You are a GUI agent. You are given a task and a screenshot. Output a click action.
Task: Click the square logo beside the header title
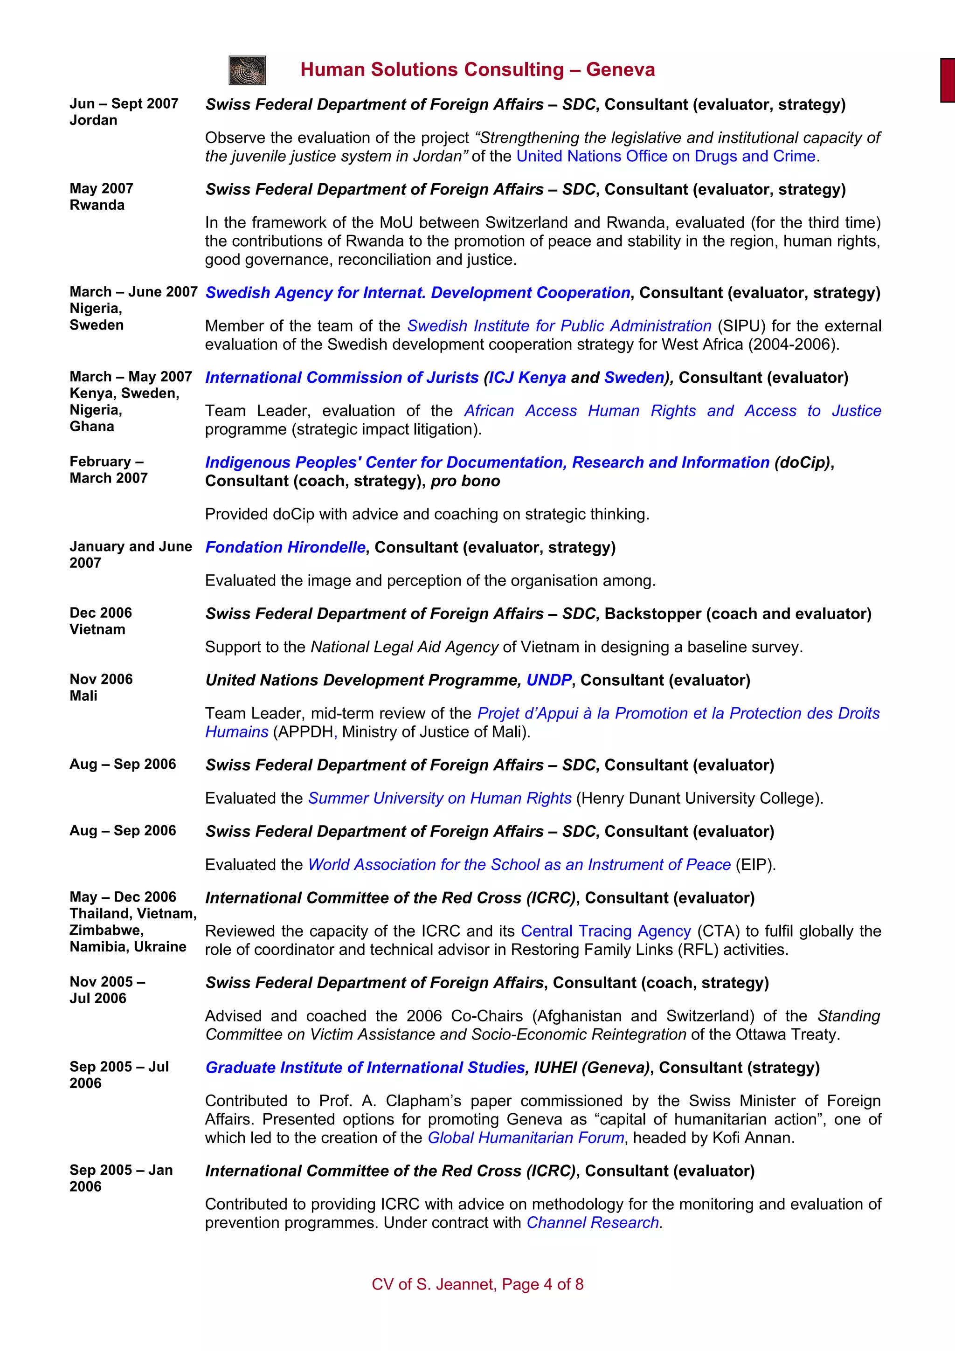click(x=247, y=70)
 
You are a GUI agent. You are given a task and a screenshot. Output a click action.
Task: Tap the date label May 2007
click(x=101, y=188)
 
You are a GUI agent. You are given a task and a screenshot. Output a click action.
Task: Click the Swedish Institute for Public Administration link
click(x=559, y=325)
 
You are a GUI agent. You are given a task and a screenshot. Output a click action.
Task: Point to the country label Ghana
click(x=92, y=426)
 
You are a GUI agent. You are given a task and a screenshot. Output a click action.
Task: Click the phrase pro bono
click(x=465, y=481)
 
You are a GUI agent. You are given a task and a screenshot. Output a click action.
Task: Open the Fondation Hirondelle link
click(x=285, y=547)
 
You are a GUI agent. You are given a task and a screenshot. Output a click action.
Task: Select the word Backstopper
click(x=652, y=613)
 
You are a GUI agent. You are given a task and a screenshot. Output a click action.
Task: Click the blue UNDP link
click(x=548, y=680)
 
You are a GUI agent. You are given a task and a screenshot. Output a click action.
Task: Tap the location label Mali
click(x=83, y=696)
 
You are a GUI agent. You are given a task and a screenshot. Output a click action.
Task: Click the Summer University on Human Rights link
click(x=440, y=798)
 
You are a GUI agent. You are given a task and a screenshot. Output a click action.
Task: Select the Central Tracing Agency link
click(x=605, y=931)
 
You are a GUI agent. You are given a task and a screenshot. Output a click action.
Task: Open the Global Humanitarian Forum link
click(x=526, y=1137)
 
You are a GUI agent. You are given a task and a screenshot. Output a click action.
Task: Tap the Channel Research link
click(x=594, y=1222)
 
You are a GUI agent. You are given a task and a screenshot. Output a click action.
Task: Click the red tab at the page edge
click(x=948, y=80)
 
